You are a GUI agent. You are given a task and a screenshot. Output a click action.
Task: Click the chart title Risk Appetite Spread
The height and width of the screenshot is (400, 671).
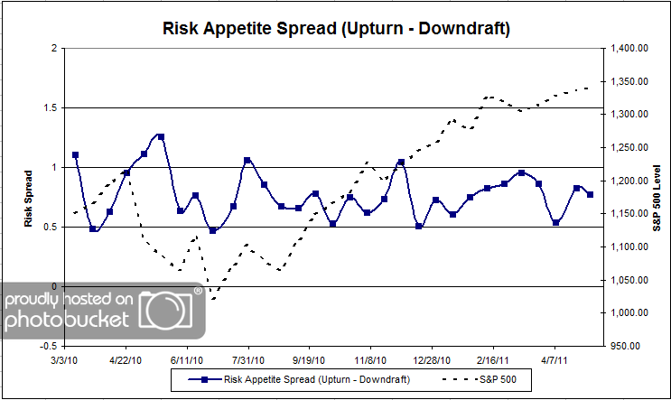[335, 29]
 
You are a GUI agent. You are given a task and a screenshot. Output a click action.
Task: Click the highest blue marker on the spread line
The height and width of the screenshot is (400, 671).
[161, 136]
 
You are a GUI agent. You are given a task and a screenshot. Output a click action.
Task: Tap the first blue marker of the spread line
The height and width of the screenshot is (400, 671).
[75, 155]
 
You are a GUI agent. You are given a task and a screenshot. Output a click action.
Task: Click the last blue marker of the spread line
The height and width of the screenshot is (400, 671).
[590, 194]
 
